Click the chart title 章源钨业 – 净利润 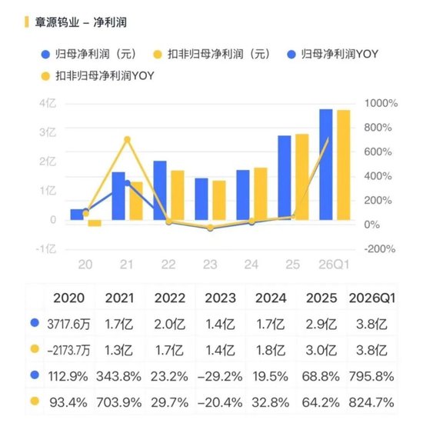click(81, 22)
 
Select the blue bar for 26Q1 click(326, 165)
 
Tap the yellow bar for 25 click(302, 177)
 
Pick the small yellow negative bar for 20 click(95, 223)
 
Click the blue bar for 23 click(202, 199)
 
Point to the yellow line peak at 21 click(128, 139)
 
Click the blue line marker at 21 click(128, 183)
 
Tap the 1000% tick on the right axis click(381, 103)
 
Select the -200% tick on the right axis click(380, 248)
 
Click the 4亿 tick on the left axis click(48, 103)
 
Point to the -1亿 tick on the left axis click(46, 248)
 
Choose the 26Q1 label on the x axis click(334, 265)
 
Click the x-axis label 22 click(168, 265)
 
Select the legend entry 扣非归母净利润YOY click(98, 76)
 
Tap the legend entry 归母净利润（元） click(89, 55)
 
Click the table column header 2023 click(220, 298)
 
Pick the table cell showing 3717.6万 click(68, 324)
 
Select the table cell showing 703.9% click(119, 403)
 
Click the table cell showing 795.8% click(371, 376)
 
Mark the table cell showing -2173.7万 click(68, 351)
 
